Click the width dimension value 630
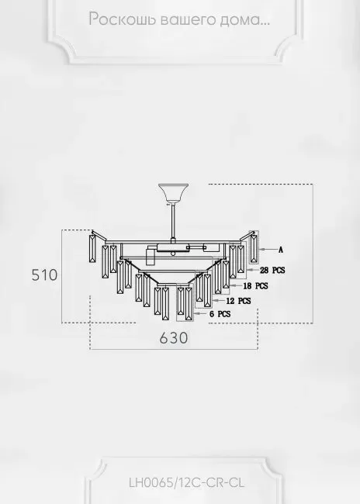point(174,338)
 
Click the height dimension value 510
point(44,275)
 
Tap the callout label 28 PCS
point(272,270)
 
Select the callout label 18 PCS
point(255,286)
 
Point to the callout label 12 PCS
point(238,301)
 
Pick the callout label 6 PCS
point(220,314)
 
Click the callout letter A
point(281,250)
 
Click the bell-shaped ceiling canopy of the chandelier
point(173,194)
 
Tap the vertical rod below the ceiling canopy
point(173,221)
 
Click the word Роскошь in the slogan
point(122,19)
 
